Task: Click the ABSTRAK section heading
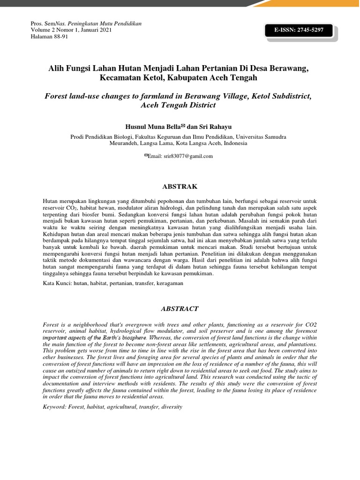pyautogui.click(x=180, y=187)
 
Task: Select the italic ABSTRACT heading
pyautogui.click(x=180, y=309)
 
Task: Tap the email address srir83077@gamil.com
pyautogui.click(x=187, y=156)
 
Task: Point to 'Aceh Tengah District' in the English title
pyautogui.click(x=178, y=105)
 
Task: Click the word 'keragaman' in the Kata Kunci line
pyautogui.click(x=169, y=284)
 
